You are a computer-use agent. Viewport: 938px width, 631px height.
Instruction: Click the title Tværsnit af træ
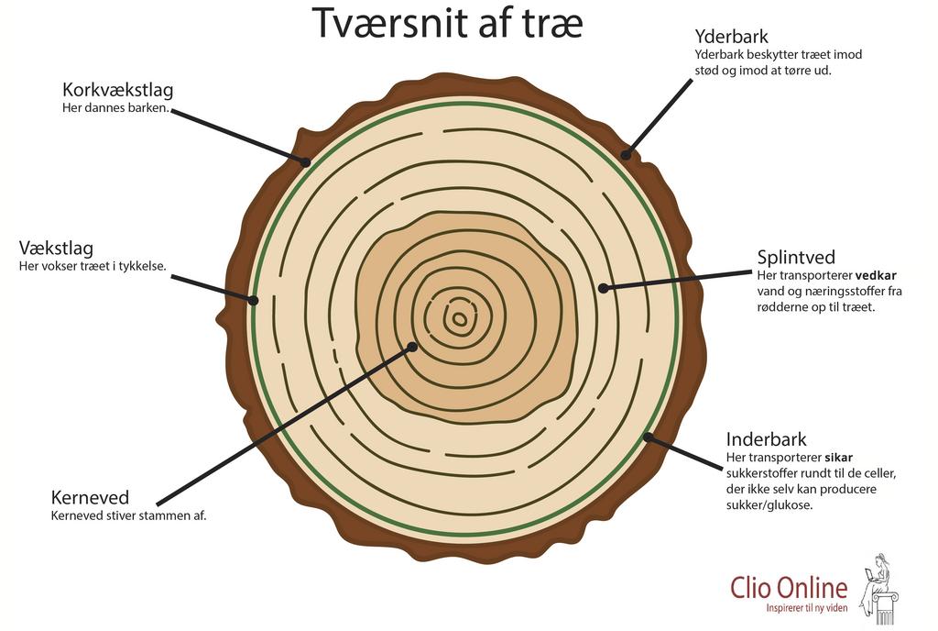(x=448, y=24)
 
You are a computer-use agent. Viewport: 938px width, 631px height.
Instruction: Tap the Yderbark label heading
(x=731, y=37)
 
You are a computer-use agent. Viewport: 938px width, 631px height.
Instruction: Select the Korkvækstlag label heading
(x=117, y=90)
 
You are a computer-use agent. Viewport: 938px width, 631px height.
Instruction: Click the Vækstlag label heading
(x=56, y=249)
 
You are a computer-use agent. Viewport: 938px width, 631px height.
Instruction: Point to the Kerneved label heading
(x=90, y=497)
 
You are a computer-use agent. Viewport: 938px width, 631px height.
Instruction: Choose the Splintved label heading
(x=796, y=258)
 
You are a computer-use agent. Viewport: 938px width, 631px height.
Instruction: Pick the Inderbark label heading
(x=767, y=439)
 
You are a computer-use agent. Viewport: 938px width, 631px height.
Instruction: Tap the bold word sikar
(x=839, y=457)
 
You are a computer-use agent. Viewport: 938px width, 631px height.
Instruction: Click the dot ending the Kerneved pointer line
(x=412, y=347)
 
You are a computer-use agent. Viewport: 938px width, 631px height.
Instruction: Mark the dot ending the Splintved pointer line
(x=603, y=288)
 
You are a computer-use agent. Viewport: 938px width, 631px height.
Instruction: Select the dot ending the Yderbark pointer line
(x=627, y=154)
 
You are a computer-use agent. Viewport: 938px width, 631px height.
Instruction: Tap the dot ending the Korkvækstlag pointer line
(x=306, y=162)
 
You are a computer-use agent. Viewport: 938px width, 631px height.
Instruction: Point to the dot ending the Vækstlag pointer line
(x=254, y=299)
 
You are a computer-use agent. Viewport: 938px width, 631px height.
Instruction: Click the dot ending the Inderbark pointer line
(x=648, y=437)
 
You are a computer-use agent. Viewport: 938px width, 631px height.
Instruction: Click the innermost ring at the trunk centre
(x=459, y=320)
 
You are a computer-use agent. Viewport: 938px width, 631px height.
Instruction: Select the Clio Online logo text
(x=789, y=587)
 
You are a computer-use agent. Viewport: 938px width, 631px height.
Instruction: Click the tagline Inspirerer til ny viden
(x=807, y=608)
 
